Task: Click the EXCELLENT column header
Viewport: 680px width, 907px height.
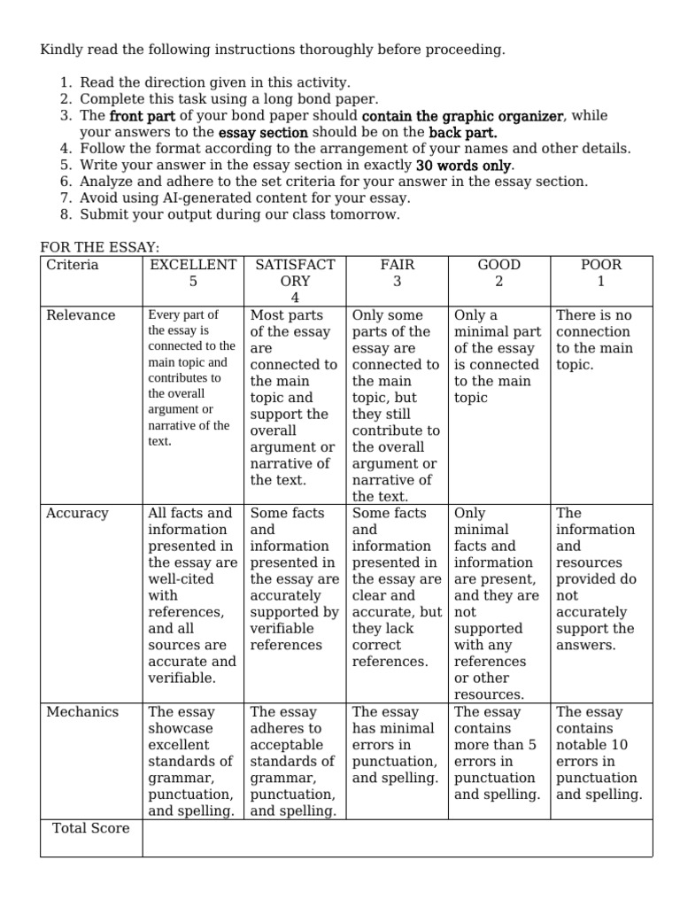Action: click(x=193, y=265)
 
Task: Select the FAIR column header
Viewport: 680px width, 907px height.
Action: click(x=397, y=265)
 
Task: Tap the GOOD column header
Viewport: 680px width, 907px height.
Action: click(x=498, y=265)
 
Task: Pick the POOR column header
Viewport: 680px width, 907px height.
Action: click(x=601, y=265)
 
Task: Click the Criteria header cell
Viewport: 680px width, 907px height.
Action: click(x=73, y=265)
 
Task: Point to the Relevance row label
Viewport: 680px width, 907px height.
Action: click(x=81, y=315)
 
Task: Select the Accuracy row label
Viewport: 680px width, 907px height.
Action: click(x=77, y=514)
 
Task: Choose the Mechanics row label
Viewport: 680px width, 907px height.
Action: click(x=81, y=712)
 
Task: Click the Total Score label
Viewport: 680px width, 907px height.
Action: click(x=90, y=828)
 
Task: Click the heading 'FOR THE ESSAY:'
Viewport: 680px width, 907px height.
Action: click(x=100, y=248)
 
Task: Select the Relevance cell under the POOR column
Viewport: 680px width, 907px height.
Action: click(x=601, y=340)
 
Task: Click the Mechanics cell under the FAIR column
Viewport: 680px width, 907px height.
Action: click(x=397, y=745)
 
